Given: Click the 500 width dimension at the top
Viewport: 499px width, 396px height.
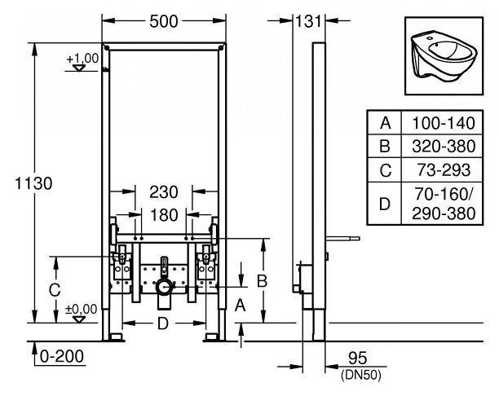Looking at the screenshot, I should tap(164, 22).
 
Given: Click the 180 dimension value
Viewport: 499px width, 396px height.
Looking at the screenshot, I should tap(164, 214).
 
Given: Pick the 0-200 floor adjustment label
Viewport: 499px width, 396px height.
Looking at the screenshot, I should tap(62, 356).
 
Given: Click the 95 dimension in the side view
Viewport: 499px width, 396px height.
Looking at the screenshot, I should tap(351, 359).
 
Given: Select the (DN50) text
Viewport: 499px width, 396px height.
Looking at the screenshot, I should tap(351, 375).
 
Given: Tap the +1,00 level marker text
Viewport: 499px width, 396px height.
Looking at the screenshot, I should tap(82, 58).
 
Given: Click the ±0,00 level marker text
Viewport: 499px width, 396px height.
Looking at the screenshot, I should tap(82, 309).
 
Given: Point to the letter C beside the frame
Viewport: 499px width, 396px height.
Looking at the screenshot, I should tap(53, 288).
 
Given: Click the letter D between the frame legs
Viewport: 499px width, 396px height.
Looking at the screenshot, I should tap(163, 325).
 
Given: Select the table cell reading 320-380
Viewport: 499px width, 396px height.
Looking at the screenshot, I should tap(442, 147).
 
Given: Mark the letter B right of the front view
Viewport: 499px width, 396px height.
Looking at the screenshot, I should tap(263, 279).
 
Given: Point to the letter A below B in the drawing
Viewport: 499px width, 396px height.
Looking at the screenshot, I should tap(240, 306).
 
